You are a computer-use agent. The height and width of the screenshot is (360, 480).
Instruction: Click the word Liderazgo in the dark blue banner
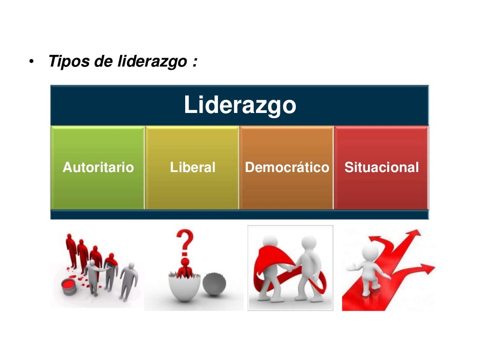(240, 105)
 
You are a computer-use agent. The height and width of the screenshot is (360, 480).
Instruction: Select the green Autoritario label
(98, 167)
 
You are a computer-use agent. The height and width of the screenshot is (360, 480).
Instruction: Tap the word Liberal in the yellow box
(193, 167)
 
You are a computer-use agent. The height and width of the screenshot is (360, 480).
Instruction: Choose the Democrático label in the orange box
(287, 167)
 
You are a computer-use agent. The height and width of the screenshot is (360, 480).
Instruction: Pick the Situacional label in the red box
(382, 167)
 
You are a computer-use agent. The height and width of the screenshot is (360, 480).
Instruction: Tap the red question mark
(187, 242)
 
